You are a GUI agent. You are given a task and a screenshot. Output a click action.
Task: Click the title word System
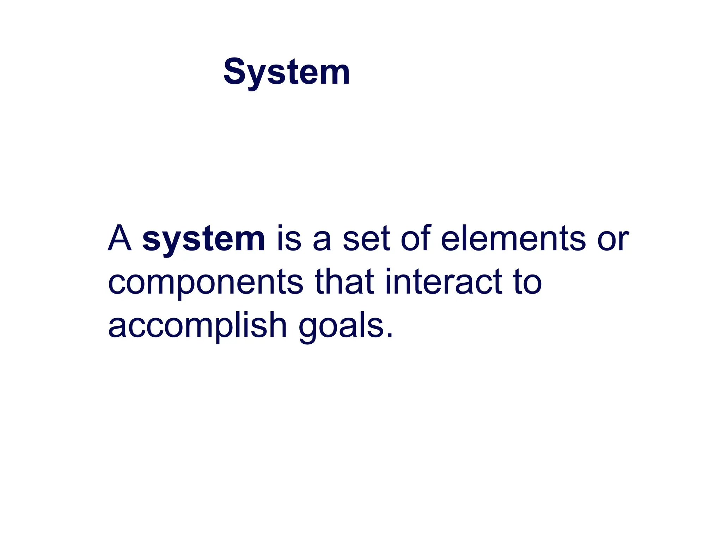[x=287, y=72]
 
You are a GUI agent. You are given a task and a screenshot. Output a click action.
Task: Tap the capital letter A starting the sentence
[x=120, y=239]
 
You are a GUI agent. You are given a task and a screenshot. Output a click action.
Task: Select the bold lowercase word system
[x=203, y=240]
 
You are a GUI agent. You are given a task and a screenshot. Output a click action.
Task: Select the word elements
[x=513, y=239]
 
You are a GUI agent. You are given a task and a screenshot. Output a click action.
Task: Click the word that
[x=344, y=281]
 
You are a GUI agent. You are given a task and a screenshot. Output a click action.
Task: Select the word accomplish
[x=197, y=325]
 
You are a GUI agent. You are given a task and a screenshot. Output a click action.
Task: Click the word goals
[x=341, y=326]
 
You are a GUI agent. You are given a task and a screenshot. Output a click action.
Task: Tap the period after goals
[x=389, y=335]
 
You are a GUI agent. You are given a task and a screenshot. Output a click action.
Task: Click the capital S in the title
[x=236, y=72]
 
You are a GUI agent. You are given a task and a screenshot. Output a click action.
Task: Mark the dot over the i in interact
[x=388, y=271]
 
